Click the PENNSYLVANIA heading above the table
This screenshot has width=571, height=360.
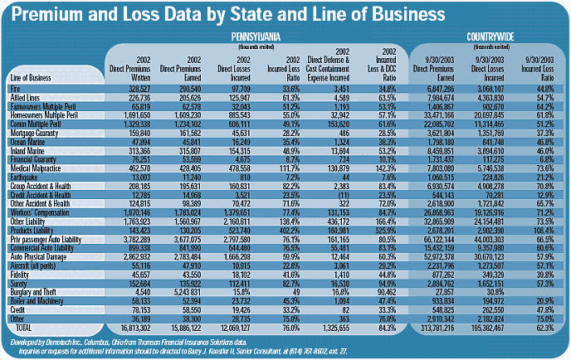[254, 37]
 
